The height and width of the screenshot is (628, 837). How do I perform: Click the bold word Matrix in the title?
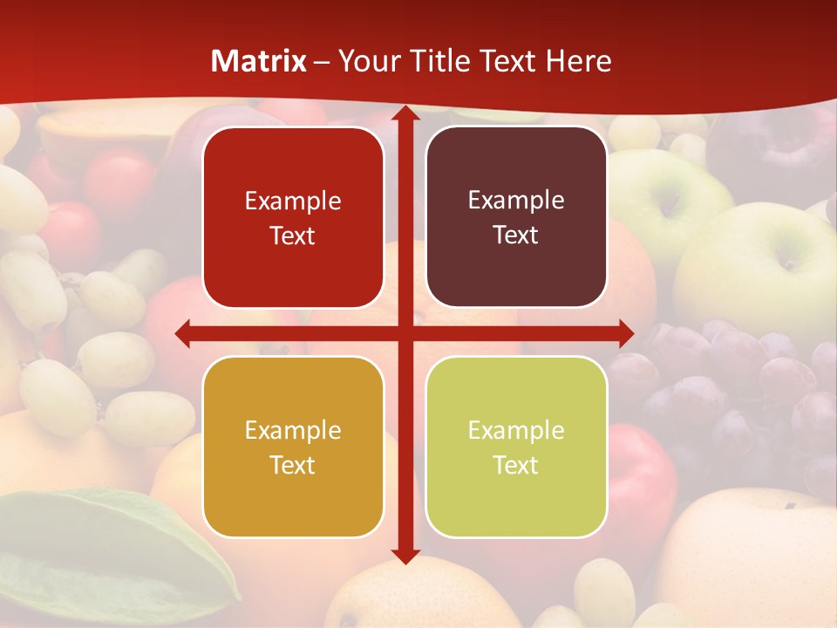[259, 61]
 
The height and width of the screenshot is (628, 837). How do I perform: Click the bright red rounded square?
[293, 218]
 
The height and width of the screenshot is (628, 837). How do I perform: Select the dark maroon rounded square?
[516, 217]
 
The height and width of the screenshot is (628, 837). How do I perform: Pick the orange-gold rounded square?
[293, 447]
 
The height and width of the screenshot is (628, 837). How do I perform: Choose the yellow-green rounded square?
[516, 447]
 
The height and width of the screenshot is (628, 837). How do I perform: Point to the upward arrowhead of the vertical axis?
[405, 114]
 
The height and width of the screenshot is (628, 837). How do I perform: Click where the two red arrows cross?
[405, 333]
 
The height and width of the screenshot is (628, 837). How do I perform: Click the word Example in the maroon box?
[516, 201]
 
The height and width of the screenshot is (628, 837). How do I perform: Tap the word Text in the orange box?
[293, 465]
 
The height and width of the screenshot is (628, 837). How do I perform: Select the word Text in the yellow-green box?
[516, 465]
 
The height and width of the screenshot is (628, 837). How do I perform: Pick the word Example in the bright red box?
[293, 201]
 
